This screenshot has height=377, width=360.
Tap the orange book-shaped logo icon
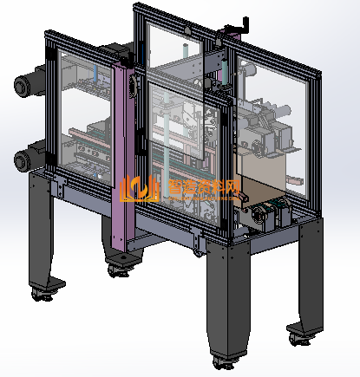[x=139, y=190]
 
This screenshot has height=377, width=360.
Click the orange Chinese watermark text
[x=204, y=187]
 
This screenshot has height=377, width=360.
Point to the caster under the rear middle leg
[x=118, y=271]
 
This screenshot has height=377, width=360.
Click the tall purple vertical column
[x=123, y=156]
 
